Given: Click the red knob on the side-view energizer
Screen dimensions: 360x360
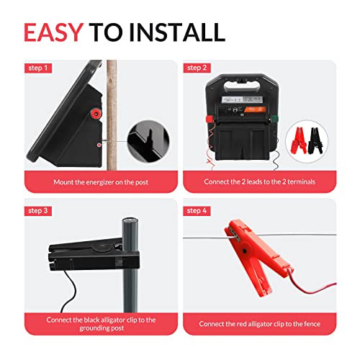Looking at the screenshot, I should pos(94,112).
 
